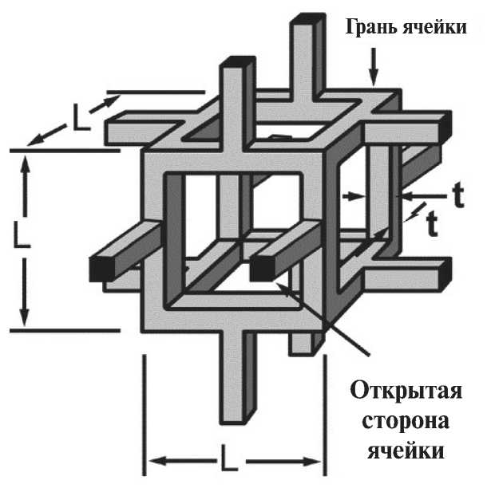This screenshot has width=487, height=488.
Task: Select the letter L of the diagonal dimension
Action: [x=78, y=120]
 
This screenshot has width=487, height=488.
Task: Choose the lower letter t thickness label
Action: [x=432, y=226]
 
